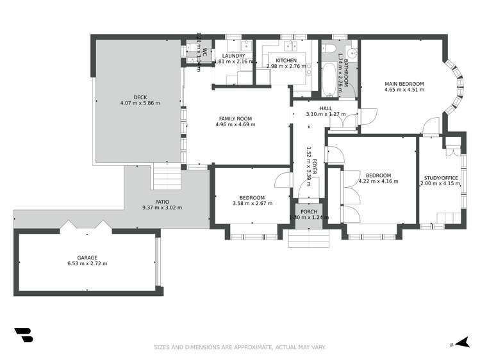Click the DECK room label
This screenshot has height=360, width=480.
pyautogui.click(x=140, y=97)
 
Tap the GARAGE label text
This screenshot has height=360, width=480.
pyautogui.click(x=87, y=258)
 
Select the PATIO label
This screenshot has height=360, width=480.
pyautogui.click(x=161, y=202)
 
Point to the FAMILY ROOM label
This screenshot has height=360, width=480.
pyautogui.click(x=235, y=119)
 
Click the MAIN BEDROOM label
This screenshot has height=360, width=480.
pyautogui.click(x=404, y=84)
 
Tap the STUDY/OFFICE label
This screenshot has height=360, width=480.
pyautogui.click(x=441, y=178)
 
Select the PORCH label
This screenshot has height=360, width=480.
pyautogui.click(x=309, y=212)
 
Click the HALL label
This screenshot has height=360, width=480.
pyautogui.click(x=326, y=108)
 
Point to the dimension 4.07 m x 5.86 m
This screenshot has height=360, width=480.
pyautogui.click(x=140, y=103)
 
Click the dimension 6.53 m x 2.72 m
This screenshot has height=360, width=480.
pyautogui.click(x=87, y=263)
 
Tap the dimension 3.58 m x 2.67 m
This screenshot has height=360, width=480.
pyautogui.click(x=252, y=204)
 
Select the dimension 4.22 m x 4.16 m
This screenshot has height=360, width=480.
pyautogui.click(x=378, y=181)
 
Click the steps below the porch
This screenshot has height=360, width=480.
pyautogui.click(x=309, y=239)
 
